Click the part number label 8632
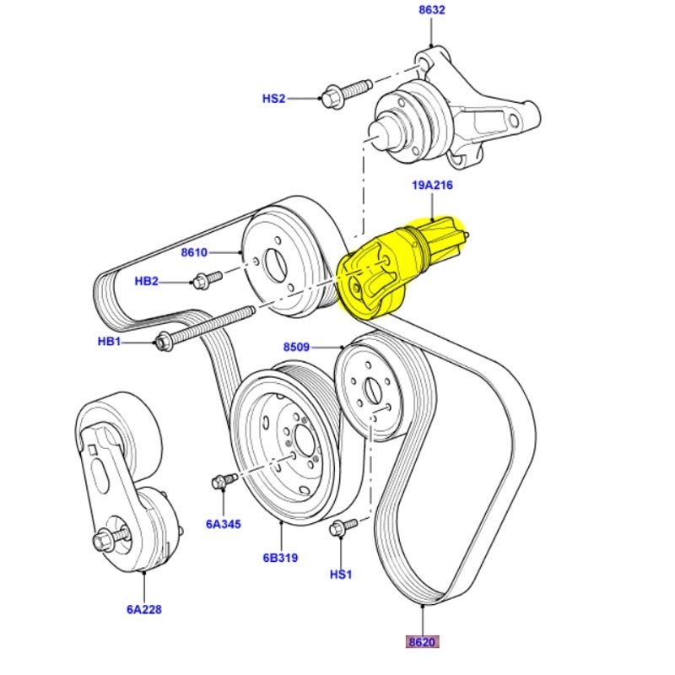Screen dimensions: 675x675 pos(431,10)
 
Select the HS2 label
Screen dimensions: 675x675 pos(273,99)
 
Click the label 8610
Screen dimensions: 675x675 pos(193,251)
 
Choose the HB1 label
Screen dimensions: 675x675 pos(110,342)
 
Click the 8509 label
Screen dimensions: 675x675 pos(296,347)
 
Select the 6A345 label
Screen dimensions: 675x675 pos(223,524)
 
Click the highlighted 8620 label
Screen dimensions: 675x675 pos(422,642)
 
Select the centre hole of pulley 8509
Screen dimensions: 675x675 pos(372,391)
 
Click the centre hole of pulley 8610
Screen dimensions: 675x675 pos(276,263)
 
